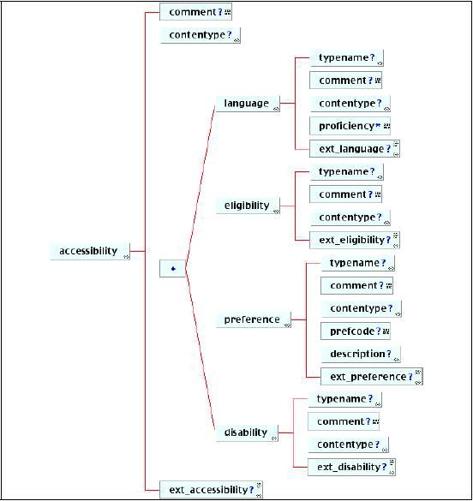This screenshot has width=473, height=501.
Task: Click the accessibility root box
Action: (x=90, y=251)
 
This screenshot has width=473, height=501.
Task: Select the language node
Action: (x=248, y=104)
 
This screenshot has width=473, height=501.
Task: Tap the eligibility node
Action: (x=248, y=206)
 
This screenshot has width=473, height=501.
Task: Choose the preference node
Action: (x=253, y=319)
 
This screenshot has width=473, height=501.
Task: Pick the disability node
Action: (x=247, y=433)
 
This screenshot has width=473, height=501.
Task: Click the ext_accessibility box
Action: (x=211, y=490)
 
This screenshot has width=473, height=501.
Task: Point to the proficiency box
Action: (x=350, y=126)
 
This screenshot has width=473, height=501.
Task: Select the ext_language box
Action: (x=355, y=148)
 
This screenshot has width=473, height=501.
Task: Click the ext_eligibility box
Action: (x=355, y=240)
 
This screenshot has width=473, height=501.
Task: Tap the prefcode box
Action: (x=356, y=331)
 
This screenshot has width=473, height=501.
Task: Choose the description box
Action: (x=361, y=354)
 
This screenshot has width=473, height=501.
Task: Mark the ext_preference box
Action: (x=372, y=376)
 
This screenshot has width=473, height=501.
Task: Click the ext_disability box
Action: (x=351, y=467)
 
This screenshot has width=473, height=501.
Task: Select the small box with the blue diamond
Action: (x=172, y=269)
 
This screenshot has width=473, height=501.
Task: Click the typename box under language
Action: (x=346, y=58)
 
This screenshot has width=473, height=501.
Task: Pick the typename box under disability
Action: (x=344, y=399)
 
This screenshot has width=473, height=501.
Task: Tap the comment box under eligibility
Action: (x=345, y=194)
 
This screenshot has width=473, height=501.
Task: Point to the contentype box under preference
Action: (x=361, y=308)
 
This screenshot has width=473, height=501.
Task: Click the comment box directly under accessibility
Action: (x=195, y=12)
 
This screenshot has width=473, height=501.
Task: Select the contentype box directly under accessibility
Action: (x=200, y=35)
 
